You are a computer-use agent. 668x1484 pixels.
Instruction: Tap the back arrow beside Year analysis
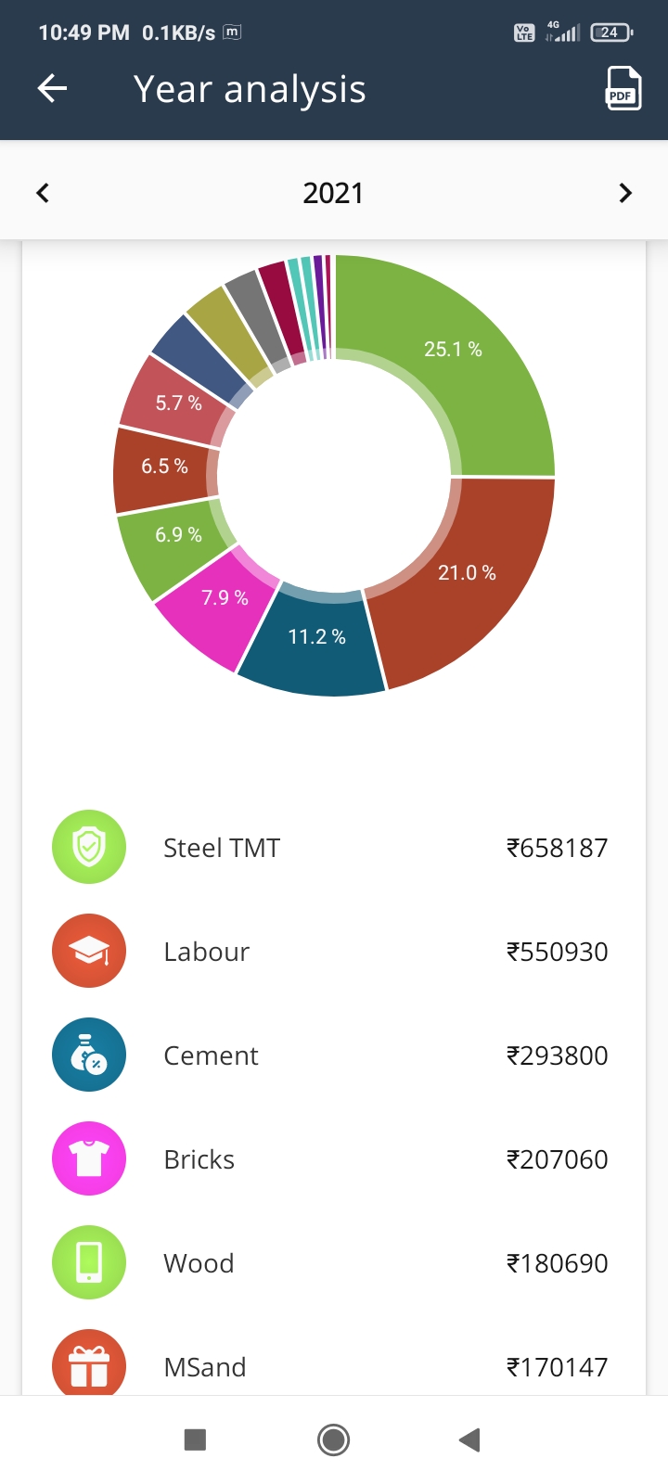tap(53, 89)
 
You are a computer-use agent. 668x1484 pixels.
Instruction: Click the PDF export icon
tap(623, 89)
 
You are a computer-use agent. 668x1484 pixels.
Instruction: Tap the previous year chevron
tap(43, 193)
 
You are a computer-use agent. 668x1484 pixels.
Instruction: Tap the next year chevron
tap(625, 193)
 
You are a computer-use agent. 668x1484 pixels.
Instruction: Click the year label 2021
tap(333, 193)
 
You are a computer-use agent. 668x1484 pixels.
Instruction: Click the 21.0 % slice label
tap(467, 573)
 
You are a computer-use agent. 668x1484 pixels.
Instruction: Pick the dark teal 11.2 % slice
tap(316, 637)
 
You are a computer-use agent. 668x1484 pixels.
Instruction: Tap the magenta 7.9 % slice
tap(225, 598)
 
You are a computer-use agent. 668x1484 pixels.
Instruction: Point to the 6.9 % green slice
tap(178, 535)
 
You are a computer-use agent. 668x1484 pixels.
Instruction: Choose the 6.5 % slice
tap(164, 467)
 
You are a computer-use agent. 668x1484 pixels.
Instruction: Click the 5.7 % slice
tap(178, 403)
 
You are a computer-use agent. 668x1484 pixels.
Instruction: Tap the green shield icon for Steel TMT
tap(89, 847)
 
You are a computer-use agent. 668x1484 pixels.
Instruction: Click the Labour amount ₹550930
tap(557, 952)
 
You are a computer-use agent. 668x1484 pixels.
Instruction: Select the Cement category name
tap(211, 1055)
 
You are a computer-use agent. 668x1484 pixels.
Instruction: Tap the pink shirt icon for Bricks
tap(89, 1158)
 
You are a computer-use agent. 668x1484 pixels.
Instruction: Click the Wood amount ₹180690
tap(557, 1263)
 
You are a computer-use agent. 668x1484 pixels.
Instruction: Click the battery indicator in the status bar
tap(610, 32)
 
